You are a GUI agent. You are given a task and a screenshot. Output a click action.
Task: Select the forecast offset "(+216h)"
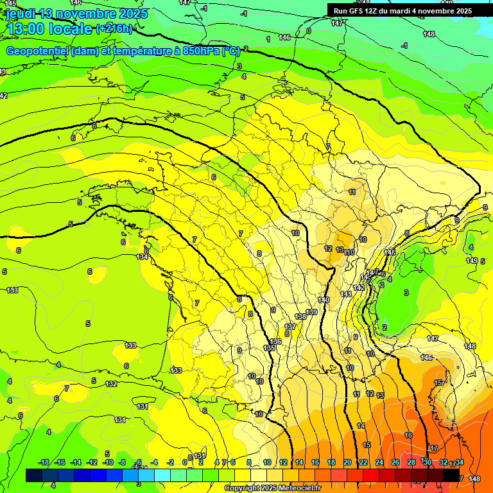click(x=114, y=28)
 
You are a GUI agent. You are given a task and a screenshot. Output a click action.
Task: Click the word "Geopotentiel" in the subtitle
click(x=37, y=51)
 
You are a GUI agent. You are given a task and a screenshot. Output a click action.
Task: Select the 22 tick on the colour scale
click(x=363, y=462)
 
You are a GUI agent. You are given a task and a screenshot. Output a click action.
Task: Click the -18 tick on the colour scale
click(x=44, y=462)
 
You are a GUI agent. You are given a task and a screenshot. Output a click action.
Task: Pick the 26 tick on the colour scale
click(x=395, y=462)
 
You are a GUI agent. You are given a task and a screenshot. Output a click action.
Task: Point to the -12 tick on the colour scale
click(x=92, y=462)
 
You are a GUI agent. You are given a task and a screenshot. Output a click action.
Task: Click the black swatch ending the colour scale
click(x=451, y=475)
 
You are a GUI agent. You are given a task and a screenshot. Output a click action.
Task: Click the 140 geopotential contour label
click(x=324, y=300)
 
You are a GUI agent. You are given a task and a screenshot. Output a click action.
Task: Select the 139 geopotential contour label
click(x=311, y=312)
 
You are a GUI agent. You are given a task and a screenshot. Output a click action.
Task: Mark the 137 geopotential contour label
click(x=290, y=327)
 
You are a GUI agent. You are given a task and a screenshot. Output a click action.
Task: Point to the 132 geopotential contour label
click(x=111, y=384)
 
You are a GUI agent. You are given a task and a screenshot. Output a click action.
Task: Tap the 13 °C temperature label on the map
click(x=340, y=249)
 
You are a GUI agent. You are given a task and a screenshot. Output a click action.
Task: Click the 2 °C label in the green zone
click(x=385, y=327)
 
